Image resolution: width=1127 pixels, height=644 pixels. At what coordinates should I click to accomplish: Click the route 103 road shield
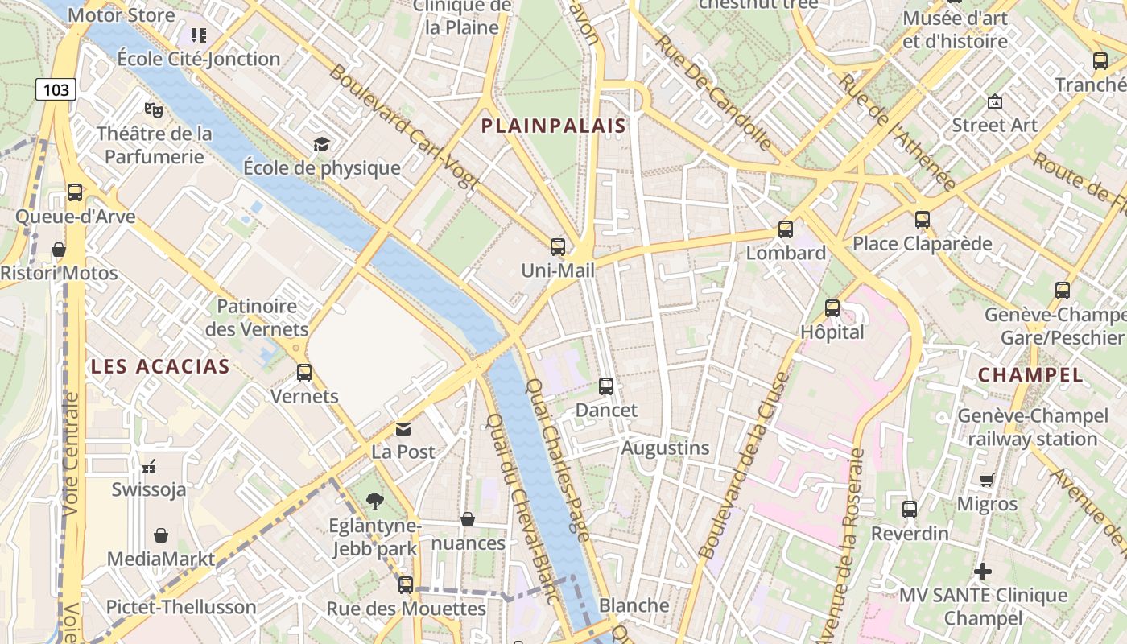pyautogui.click(x=56, y=89)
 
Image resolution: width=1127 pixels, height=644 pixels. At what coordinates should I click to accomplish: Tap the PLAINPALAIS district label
pyautogui.click(x=553, y=126)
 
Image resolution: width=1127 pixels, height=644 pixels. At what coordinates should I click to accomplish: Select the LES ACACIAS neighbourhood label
pyautogui.click(x=160, y=367)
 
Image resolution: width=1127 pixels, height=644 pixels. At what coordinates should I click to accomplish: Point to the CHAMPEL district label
pyautogui.click(x=1030, y=374)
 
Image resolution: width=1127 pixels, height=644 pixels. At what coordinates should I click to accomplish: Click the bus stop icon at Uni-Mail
pyautogui.click(x=557, y=247)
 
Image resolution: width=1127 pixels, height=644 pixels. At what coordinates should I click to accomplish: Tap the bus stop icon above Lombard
pyautogui.click(x=786, y=229)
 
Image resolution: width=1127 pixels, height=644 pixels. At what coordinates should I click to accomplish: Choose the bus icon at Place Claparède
pyautogui.click(x=923, y=220)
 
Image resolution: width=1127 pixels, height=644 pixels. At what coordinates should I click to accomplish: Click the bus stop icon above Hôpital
pyautogui.click(x=832, y=308)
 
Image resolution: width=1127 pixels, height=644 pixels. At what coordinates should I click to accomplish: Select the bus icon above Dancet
pyautogui.click(x=606, y=386)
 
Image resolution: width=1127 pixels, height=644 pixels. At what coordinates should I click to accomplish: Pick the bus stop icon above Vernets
pyautogui.click(x=304, y=373)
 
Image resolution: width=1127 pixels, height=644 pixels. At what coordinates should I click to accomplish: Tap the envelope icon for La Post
pyautogui.click(x=403, y=429)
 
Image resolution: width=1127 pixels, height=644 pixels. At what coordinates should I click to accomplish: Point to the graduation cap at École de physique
pyautogui.click(x=322, y=144)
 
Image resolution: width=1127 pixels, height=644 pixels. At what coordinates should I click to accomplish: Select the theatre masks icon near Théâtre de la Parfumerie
pyautogui.click(x=153, y=109)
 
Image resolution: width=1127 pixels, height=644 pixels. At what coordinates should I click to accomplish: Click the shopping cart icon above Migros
pyautogui.click(x=987, y=481)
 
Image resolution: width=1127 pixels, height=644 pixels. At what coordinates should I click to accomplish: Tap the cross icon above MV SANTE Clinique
pyautogui.click(x=982, y=572)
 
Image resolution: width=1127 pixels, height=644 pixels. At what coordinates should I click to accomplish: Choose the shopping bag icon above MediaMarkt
pyautogui.click(x=161, y=535)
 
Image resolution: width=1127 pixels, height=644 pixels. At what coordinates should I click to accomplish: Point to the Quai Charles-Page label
pyautogui.click(x=557, y=459)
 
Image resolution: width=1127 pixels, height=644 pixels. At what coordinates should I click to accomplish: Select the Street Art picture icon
pyautogui.click(x=995, y=101)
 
